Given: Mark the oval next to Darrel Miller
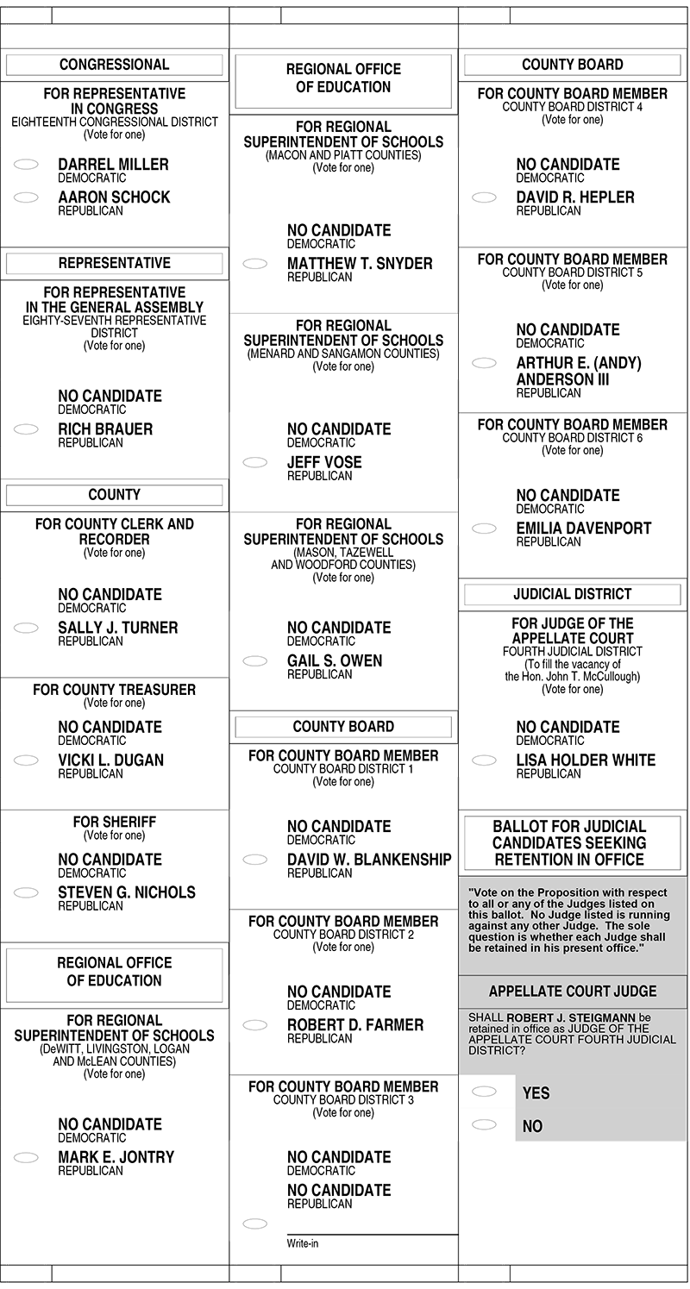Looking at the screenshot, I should pos(27,165).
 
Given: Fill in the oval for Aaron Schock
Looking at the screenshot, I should pos(27,197).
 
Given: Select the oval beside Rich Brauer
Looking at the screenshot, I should pos(27,429).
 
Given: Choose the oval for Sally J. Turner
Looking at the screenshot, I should pos(27,628).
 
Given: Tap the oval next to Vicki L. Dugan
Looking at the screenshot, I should pos(27,760).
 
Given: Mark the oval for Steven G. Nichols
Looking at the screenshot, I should pos(27,892).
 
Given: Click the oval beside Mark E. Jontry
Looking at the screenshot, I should pos(27,1157).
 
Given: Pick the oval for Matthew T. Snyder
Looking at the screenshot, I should pos(255,264).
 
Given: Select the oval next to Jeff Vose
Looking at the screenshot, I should pos(255,462).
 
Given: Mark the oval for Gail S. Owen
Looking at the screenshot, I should pos(255,661).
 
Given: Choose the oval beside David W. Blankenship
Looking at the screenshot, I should pos(255,860).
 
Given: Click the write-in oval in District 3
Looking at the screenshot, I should pos(255,1223).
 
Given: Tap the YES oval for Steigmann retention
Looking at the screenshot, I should pos(485,1092).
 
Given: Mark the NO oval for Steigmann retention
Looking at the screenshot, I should pos(485,1124).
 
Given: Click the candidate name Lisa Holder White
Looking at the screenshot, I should pos(586,760).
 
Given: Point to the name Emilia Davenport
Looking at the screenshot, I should pos(584,529).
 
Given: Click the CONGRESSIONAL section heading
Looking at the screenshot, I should pos(114,65).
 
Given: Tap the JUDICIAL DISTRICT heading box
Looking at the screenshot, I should pos(573,594).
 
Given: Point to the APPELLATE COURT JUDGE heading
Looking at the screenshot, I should pos(573,992).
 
